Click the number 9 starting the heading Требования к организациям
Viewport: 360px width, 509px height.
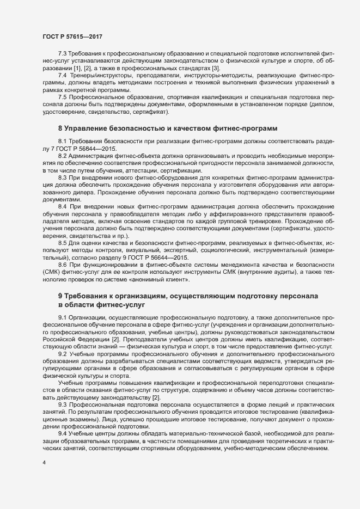pos(60,296)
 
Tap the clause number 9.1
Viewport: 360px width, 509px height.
pos(62,316)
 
